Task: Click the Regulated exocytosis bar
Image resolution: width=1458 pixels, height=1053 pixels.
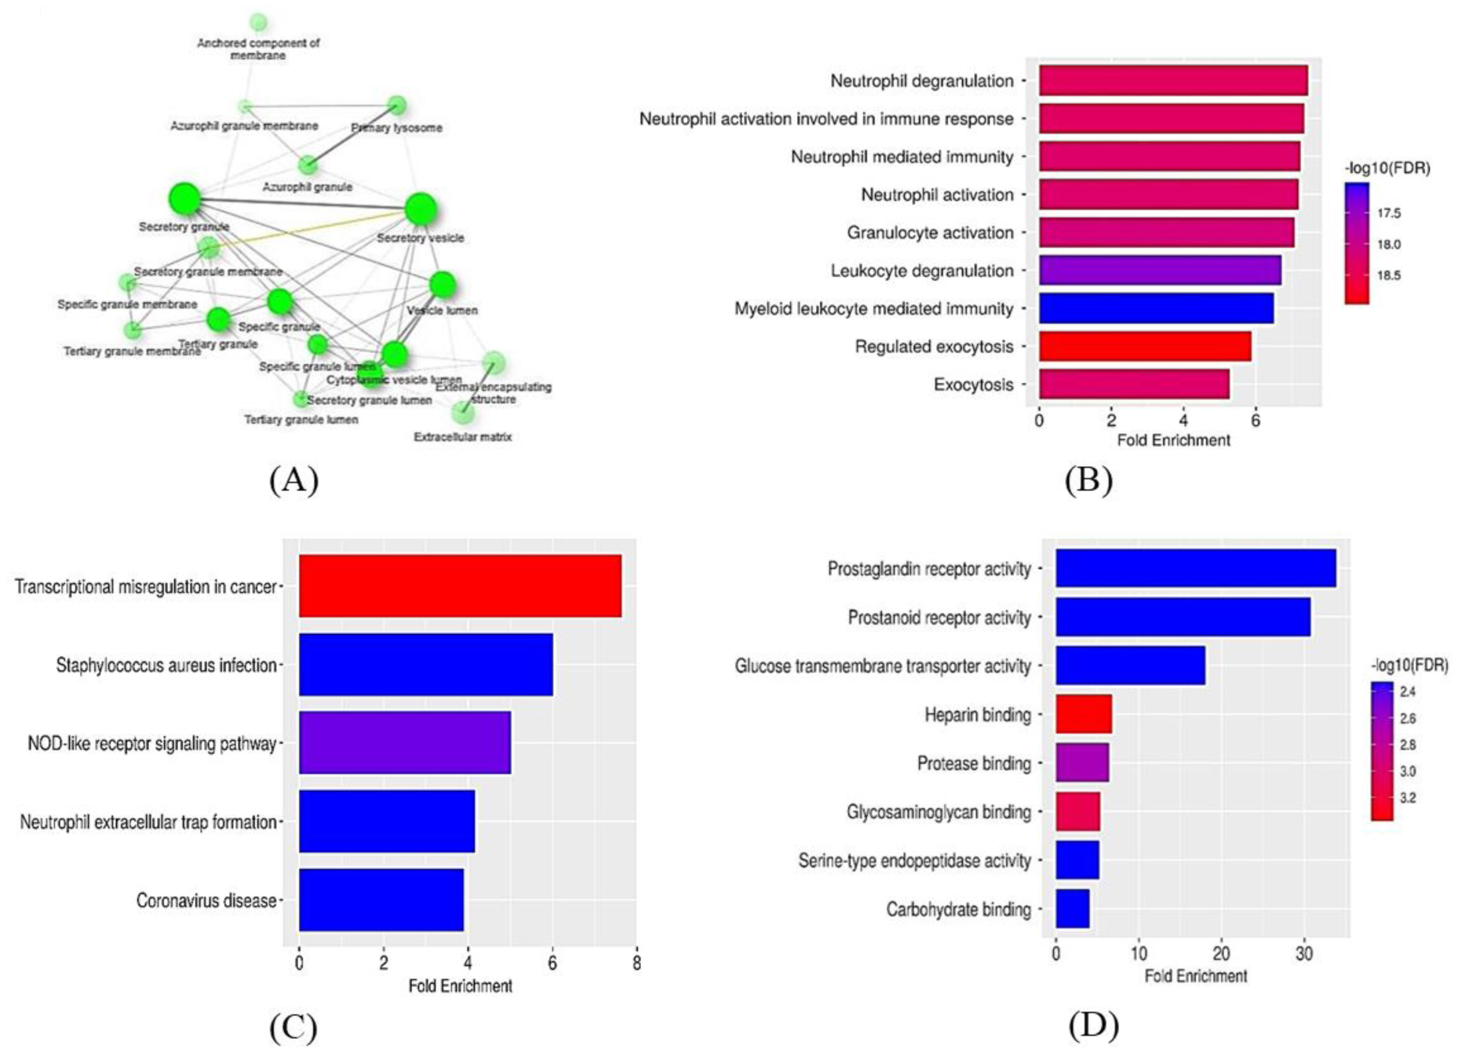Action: click(1144, 346)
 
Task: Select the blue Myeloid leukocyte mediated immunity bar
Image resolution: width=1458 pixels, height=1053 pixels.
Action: click(1155, 308)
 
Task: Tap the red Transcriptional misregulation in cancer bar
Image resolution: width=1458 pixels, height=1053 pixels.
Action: click(460, 586)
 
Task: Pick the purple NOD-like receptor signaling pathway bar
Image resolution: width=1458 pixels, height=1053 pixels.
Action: click(404, 743)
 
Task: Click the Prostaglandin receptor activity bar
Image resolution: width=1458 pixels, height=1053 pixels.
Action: click(1195, 568)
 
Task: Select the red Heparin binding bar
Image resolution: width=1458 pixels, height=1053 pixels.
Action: click(1083, 714)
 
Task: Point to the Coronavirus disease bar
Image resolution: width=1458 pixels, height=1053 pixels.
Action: click(381, 900)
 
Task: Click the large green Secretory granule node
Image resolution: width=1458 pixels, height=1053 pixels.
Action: click(184, 199)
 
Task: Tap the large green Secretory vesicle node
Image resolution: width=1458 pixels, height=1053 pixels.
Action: click(421, 210)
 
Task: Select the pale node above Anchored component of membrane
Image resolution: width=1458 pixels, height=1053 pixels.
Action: click(258, 23)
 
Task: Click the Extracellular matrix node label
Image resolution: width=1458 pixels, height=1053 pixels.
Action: click(462, 437)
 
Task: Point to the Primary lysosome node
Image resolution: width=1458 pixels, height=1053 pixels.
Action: click(397, 105)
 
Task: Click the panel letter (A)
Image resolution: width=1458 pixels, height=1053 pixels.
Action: click(293, 479)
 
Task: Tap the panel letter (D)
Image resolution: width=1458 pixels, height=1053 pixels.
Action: click(1092, 1024)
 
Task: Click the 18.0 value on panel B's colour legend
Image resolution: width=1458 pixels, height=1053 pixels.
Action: click(1388, 245)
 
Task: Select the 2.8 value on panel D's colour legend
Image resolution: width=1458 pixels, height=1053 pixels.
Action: click(1407, 745)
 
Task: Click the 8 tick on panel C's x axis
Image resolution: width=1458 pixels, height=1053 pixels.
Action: click(636, 963)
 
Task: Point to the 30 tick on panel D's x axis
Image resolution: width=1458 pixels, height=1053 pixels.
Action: click(1303, 954)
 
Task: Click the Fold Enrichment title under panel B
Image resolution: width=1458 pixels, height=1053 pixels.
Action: click(1173, 440)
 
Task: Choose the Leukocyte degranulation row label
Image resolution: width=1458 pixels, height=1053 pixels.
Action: click(922, 271)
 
